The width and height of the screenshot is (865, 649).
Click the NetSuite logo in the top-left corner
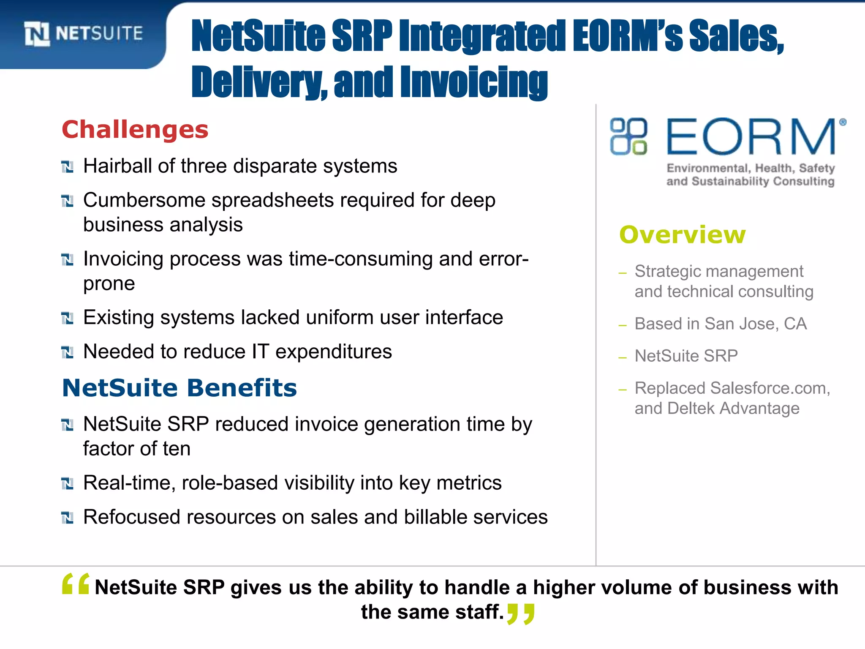coord(84,33)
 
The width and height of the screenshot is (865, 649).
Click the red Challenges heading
coord(135,129)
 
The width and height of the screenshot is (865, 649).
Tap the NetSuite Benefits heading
coord(180,388)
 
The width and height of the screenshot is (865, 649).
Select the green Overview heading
coord(682,235)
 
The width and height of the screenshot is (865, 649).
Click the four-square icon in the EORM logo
coord(628,136)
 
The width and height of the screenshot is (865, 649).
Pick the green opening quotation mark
coord(76,584)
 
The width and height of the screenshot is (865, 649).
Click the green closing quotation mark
coord(521,614)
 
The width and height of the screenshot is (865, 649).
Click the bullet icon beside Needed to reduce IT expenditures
coord(67,352)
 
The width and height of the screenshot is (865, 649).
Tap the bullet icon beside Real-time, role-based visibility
coord(67,483)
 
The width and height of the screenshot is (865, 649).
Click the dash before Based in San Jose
coord(622,325)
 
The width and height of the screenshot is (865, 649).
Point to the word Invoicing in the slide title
coord(473,82)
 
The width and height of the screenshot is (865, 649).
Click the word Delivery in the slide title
coord(259,82)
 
